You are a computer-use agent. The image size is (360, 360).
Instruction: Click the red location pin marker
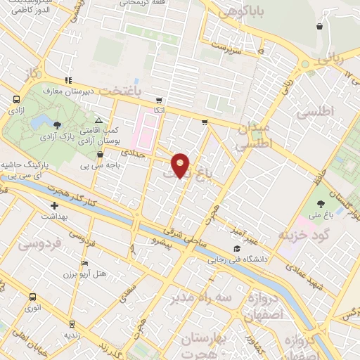pos(181,165)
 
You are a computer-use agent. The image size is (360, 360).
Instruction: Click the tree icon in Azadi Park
pos(56,124)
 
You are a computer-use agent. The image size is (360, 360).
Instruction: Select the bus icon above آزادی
pos(15,100)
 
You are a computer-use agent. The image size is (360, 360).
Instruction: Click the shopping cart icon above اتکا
pos(160,100)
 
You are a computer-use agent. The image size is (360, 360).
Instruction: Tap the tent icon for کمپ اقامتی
pos(98,121)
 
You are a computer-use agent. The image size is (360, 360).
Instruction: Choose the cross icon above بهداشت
pos(54,206)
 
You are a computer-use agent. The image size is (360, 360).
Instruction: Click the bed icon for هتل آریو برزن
pos(85,264)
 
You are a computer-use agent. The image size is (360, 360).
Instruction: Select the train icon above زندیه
pos(72,324)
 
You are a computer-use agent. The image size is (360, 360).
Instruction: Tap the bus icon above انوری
pos(32,297)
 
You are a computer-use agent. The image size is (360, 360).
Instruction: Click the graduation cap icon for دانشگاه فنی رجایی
pos(237,250)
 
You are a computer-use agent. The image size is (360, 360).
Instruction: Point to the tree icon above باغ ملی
pos(321,205)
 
